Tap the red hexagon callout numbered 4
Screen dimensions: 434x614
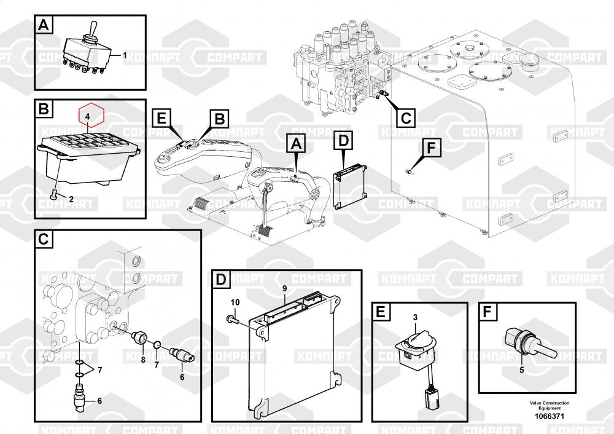[x=88, y=115]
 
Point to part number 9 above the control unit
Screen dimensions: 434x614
[x=285, y=288]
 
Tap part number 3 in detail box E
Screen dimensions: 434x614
[x=415, y=317]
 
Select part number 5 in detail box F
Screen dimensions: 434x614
[x=522, y=369]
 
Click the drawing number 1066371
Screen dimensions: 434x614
[x=549, y=416]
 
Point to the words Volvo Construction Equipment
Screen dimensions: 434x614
[x=549, y=406]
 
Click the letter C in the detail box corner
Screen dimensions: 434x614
[x=44, y=239]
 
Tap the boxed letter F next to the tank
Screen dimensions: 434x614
[x=431, y=148]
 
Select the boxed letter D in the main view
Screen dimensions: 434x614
[x=343, y=141]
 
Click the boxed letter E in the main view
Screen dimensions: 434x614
[x=161, y=118]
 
